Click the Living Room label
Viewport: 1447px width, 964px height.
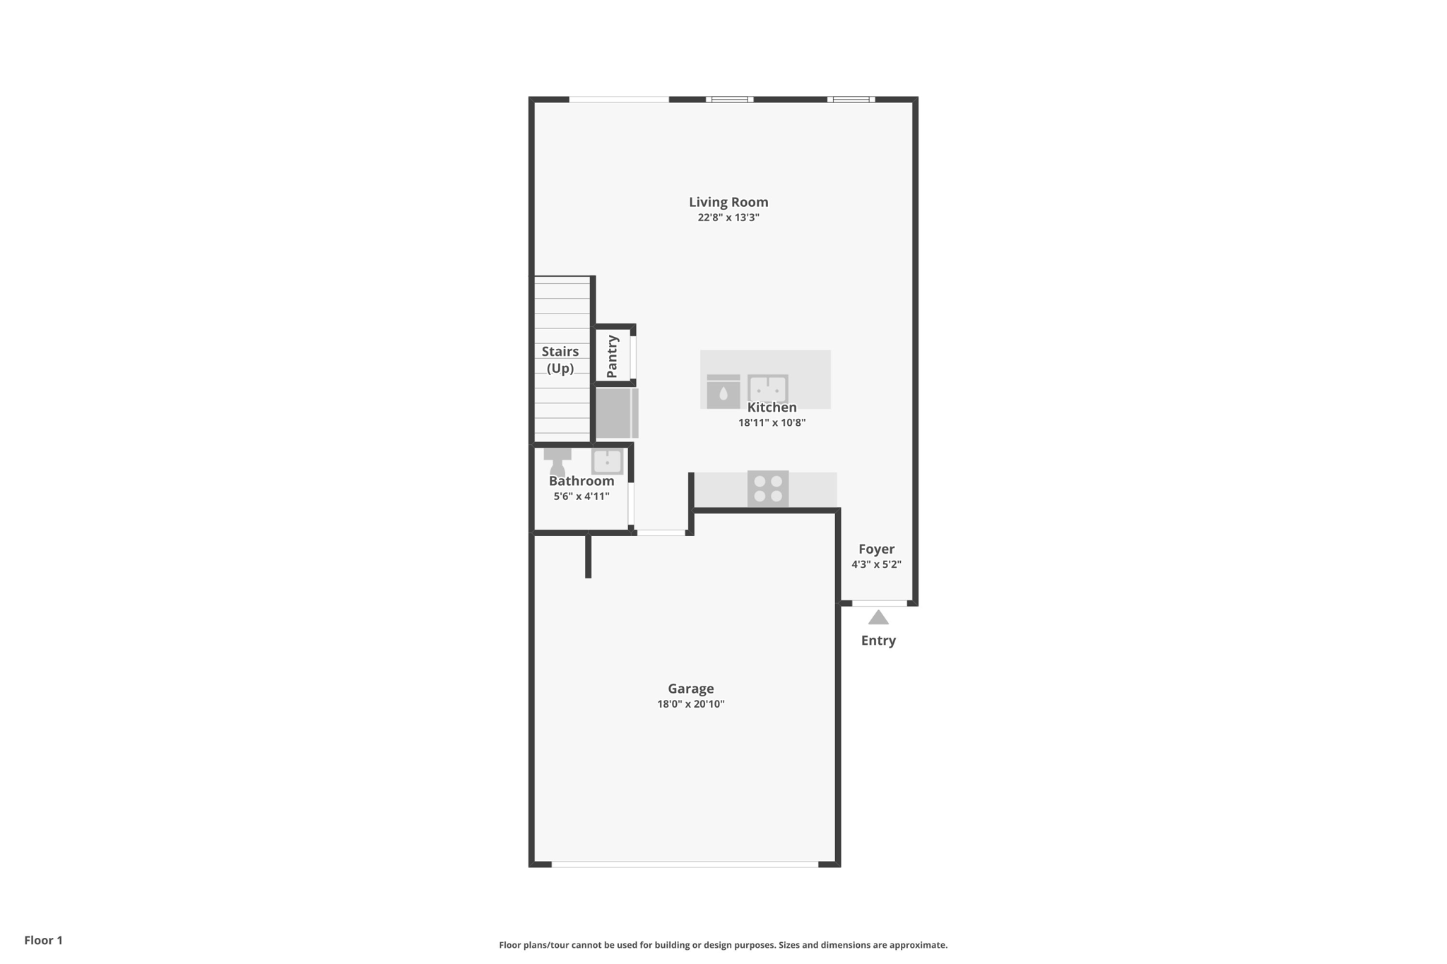click(728, 202)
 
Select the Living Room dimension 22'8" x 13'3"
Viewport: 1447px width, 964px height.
click(728, 218)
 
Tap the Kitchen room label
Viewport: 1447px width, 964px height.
click(772, 407)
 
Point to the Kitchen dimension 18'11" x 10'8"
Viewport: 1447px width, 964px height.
click(772, 423)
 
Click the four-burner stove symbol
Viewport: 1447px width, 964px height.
click(768, 489)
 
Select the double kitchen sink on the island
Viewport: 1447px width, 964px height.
click(768, 388)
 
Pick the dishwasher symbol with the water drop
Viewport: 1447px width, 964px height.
click(723, 391)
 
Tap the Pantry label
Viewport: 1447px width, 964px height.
click(612, 357)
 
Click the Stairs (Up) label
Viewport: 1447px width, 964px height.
click(560, 359)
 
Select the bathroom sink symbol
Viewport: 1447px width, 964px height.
click(607, 462)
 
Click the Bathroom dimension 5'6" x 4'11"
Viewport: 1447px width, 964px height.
click(581, 496)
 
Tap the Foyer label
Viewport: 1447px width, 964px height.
click(876, 549)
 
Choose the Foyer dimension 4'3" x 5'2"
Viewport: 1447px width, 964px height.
click(876, 564)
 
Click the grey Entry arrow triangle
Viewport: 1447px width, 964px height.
click(878, 618)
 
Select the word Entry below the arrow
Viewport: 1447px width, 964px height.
click(878, 641)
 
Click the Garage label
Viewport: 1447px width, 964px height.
click(691, 689)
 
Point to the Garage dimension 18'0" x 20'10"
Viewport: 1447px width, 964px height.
click(691, 704)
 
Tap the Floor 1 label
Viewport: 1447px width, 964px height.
click(43, 940)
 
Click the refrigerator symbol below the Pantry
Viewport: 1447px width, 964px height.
click(617, 413)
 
